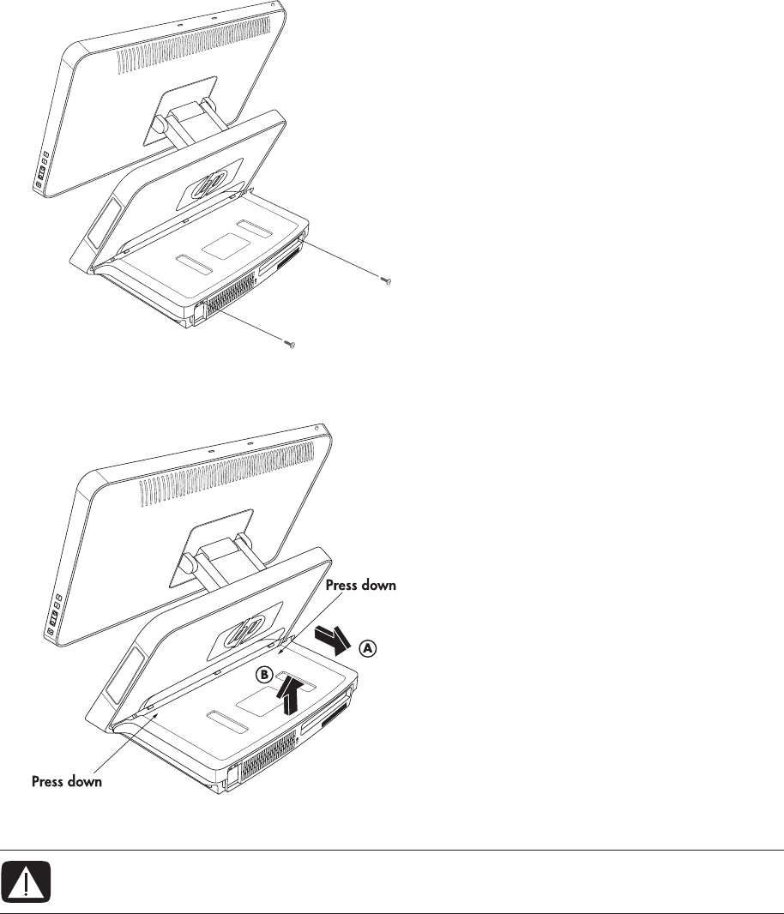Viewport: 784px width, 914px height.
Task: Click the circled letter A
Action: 367,649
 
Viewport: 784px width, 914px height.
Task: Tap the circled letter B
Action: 266,676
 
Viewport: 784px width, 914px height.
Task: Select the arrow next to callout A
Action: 330,639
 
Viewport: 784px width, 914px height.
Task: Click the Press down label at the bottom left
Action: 68,782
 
